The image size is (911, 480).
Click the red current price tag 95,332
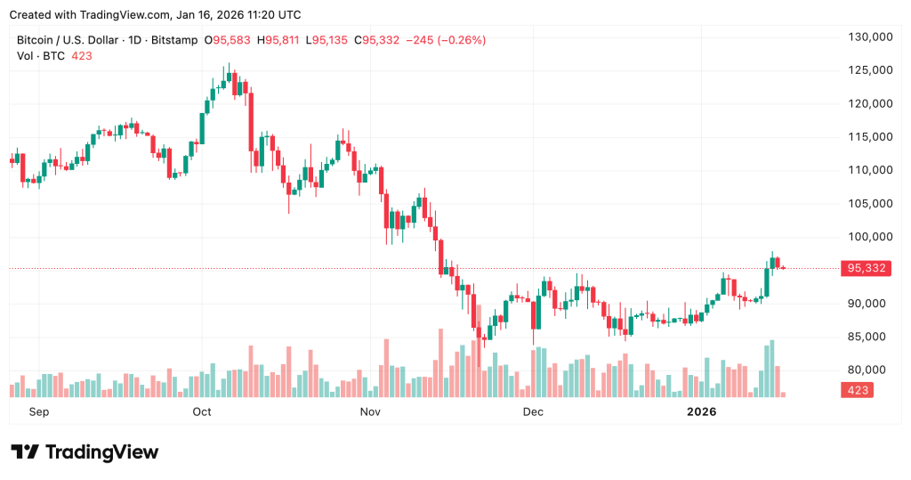tap(867, 268)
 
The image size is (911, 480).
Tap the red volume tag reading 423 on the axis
tap(858, 390)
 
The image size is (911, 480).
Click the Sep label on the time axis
tap(38, 412)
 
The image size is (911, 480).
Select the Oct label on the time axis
tap(202, 412)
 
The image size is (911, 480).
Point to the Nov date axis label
tap(371, 412)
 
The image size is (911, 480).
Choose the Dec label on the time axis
tap(533, 412)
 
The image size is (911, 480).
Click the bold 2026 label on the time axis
tap(702, 412)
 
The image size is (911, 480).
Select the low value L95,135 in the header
tap(328, 40)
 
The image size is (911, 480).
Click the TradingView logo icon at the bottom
tap(25, 452)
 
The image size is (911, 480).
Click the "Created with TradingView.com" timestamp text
tap(155, 15)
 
